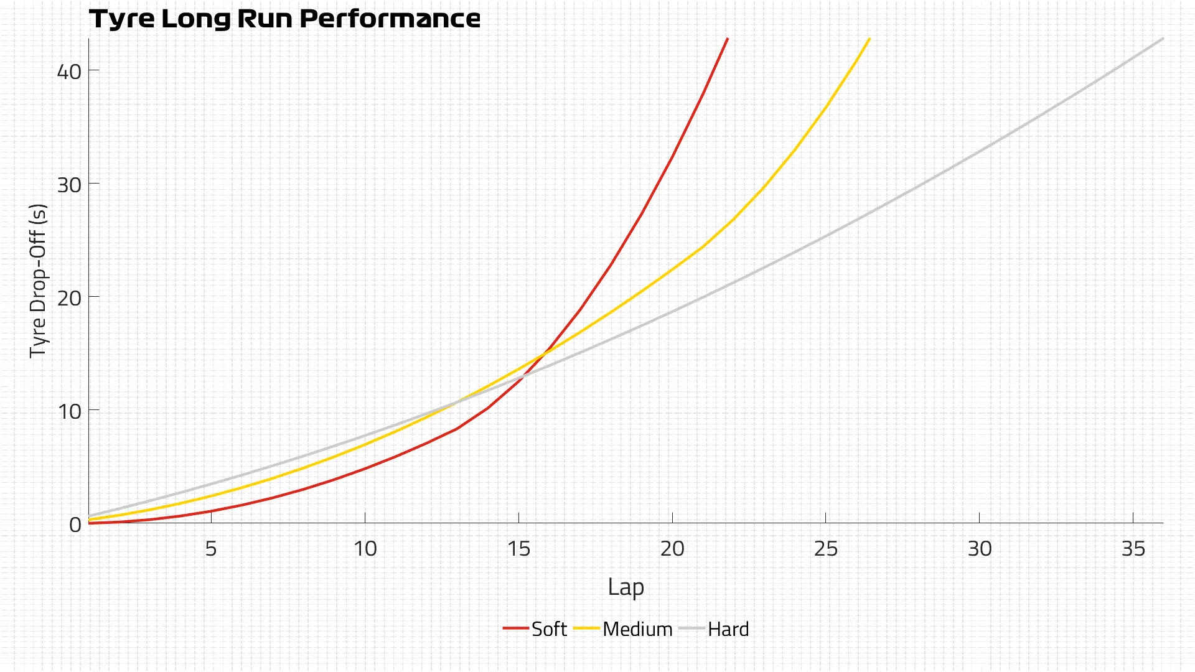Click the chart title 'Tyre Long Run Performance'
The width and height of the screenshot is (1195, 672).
click(284, 19)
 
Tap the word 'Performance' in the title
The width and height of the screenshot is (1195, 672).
click(390, 19)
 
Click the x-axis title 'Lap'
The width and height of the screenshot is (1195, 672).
click(626, 587)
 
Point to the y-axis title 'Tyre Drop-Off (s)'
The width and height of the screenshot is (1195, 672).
click(38, 280)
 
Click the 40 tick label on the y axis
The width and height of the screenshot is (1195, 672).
click(69, 72)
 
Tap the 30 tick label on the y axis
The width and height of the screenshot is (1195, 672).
click(69, 185)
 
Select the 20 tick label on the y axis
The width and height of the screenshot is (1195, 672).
click(69, 298)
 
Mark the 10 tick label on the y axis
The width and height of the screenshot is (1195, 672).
click(69, 411)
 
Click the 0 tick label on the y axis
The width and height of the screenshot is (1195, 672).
click(75, 525)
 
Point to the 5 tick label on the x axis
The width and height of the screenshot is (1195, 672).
click(211, 549)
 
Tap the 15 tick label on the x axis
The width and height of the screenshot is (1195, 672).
click(518, 549)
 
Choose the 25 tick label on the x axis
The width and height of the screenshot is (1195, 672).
click(826, 549)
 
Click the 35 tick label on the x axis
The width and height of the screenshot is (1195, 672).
click(1133, 549)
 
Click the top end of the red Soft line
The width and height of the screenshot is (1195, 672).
click(727, 39)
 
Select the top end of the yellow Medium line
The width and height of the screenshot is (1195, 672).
click(869, 39)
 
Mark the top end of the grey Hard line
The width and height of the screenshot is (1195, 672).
click(1163, 39)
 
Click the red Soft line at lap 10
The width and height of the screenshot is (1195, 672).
click(365, 468)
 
